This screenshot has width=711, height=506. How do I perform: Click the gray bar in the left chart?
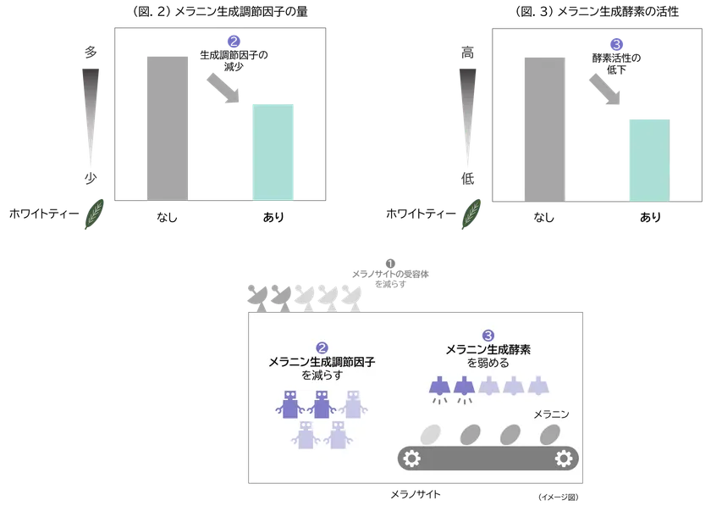(x=166, y=127)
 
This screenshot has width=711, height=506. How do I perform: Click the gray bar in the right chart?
(x=545, y=127)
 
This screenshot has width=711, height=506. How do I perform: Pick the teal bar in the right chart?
(x=651, y=158)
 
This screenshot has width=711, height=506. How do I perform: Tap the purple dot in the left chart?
(x=234, y=40)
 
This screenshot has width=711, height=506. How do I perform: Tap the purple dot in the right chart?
(x=617, y=43)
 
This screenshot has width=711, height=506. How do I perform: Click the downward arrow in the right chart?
(x=604, y=92)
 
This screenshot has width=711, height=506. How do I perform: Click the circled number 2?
(x=322, y=348)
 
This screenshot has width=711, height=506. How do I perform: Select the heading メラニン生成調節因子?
(x=322, y=361)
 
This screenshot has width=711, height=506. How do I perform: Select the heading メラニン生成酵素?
(x=488, y=349)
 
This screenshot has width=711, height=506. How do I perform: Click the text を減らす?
(x=322, y=375)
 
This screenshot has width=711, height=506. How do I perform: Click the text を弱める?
(x=488, y=363)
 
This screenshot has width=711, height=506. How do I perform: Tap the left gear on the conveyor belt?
(x=412, y=459)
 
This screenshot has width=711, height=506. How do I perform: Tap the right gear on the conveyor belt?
(x=563, y=459)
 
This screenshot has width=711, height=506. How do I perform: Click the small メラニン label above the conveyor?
(x=552, y=414)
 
